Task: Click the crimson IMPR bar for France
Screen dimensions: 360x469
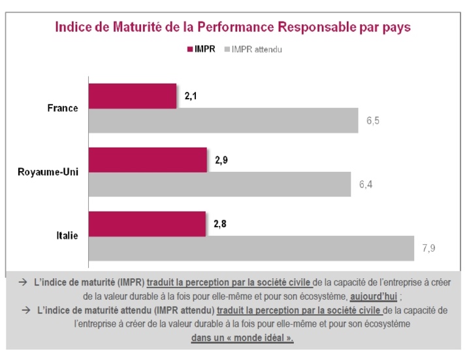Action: (x=132, y=96)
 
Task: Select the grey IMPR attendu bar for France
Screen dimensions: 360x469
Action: (x=223, y=121)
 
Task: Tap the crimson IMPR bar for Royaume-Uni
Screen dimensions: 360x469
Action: (x=147, y=160)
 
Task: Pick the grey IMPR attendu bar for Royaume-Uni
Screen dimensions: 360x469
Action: (x=219, y=184)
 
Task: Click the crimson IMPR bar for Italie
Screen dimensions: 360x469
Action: (x=146, y=223)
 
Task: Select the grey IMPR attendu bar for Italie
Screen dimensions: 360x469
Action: (x=251, y=248)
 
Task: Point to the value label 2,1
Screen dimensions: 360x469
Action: (x=191, y=96)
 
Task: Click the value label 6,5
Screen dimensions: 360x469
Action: (x=373, y=121)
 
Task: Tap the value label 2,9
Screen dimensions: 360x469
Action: (x=221, y=160)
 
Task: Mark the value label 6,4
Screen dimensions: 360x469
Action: (x=366, y=185)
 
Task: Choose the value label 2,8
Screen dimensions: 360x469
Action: (x=220, y=223)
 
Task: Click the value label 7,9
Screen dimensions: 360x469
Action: (x=429, y=249)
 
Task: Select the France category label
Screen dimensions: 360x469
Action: (x=63, y=108)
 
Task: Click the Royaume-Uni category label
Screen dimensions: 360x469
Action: (x=48, y=172)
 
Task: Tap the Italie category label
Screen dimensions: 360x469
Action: (x=67, y=236)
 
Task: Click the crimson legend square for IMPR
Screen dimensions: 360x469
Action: (x=189, y=49)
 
